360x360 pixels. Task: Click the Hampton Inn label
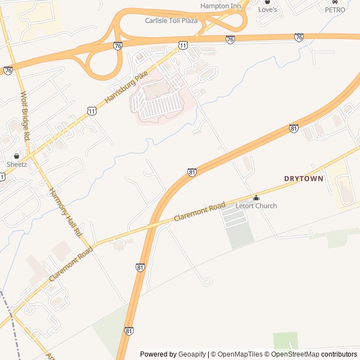220,6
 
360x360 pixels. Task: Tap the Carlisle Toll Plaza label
172,21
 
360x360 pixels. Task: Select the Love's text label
268,10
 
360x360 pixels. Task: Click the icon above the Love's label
268,2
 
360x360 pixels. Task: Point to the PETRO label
335,10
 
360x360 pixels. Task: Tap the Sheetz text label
17,164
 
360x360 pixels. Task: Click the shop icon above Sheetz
17,156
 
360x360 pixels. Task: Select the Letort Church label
256,206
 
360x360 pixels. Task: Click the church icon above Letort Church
256,197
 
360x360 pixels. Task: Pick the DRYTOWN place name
304,179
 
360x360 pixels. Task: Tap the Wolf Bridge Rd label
26,116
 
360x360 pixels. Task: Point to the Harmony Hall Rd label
66,211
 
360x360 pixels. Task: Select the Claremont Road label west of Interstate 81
70,264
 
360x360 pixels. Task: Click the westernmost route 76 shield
8,71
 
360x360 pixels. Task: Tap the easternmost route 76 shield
299,37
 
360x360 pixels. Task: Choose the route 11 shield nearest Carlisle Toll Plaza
183,44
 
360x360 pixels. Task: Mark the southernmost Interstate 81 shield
129,332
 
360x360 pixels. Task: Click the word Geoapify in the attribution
192,354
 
